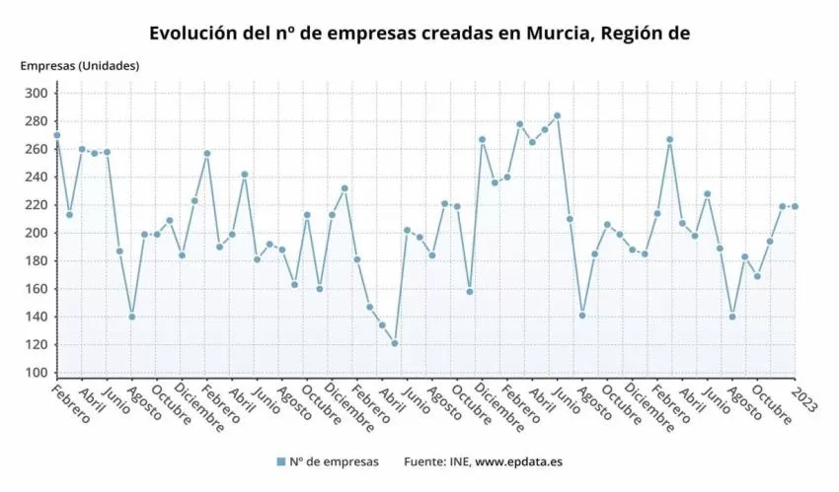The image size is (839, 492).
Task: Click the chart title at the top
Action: (419, 34)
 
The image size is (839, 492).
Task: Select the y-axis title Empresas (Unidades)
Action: (80, 66)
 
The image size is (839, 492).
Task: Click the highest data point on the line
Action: (557, 115)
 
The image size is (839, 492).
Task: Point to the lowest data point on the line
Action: (395, 343)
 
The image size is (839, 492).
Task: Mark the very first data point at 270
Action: (57, 135)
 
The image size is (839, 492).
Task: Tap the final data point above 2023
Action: (795, 206)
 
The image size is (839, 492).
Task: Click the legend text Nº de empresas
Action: (334, 461)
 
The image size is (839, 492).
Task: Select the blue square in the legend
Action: (281, 461)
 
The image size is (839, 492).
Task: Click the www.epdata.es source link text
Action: (519, 461)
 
